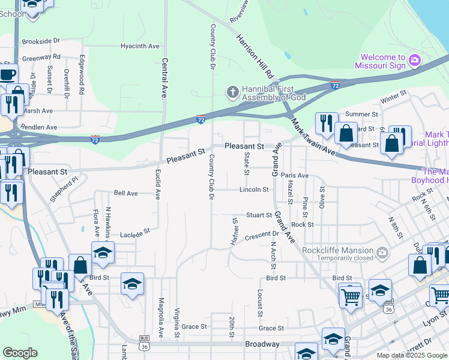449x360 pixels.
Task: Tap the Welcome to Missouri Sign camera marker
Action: click(414, 61)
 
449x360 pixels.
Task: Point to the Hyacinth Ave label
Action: click(139, 46)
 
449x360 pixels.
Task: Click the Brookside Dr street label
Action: click(41, 41)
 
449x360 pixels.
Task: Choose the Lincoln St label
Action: click(253, 190)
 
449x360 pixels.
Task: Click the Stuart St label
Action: click(259, 215)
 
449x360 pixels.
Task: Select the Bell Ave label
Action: click(126, 193)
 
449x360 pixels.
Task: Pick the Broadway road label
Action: click(262, 344)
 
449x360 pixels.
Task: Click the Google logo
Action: click(20, 353)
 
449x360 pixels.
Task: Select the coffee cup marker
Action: click(7, 75)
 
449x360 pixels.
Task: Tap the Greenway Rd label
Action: click(41, 58)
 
